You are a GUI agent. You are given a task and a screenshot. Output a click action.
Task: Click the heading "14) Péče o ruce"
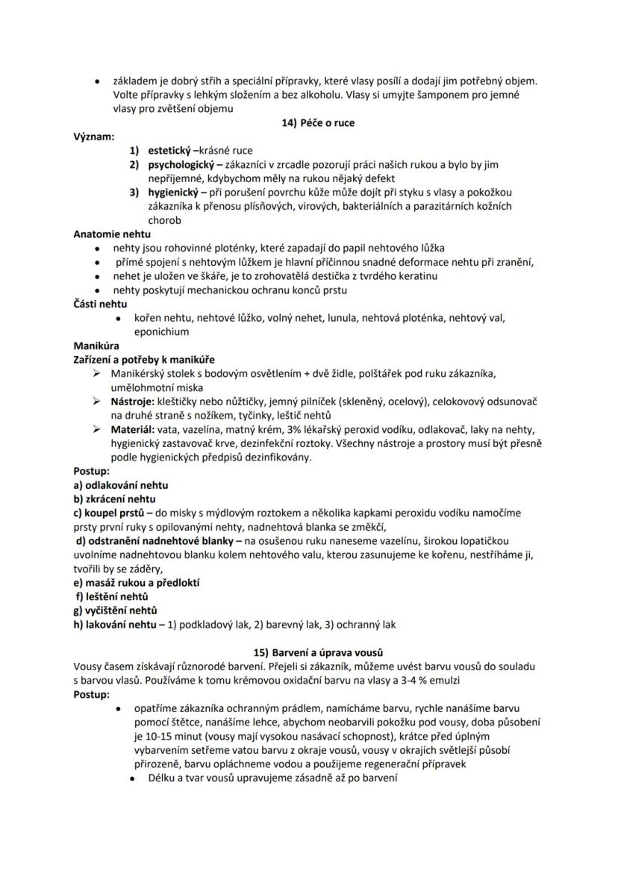[308, 123]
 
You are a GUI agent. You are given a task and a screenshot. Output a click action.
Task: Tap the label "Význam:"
[94, 137]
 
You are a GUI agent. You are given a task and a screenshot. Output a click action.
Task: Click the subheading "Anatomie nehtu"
[112, 234]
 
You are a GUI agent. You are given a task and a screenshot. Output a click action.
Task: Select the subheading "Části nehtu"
[100, 304]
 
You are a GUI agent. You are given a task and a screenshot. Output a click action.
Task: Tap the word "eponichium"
[161, 331]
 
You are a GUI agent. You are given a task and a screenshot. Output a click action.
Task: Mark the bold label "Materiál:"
[133, 430]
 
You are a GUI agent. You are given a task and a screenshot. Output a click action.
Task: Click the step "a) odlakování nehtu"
[120, 485]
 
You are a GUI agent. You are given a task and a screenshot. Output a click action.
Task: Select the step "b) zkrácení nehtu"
[114, 499]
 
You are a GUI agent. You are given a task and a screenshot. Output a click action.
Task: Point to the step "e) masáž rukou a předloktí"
[137, 582]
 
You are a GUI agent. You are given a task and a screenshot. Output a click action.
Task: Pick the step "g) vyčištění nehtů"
[115, 611]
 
